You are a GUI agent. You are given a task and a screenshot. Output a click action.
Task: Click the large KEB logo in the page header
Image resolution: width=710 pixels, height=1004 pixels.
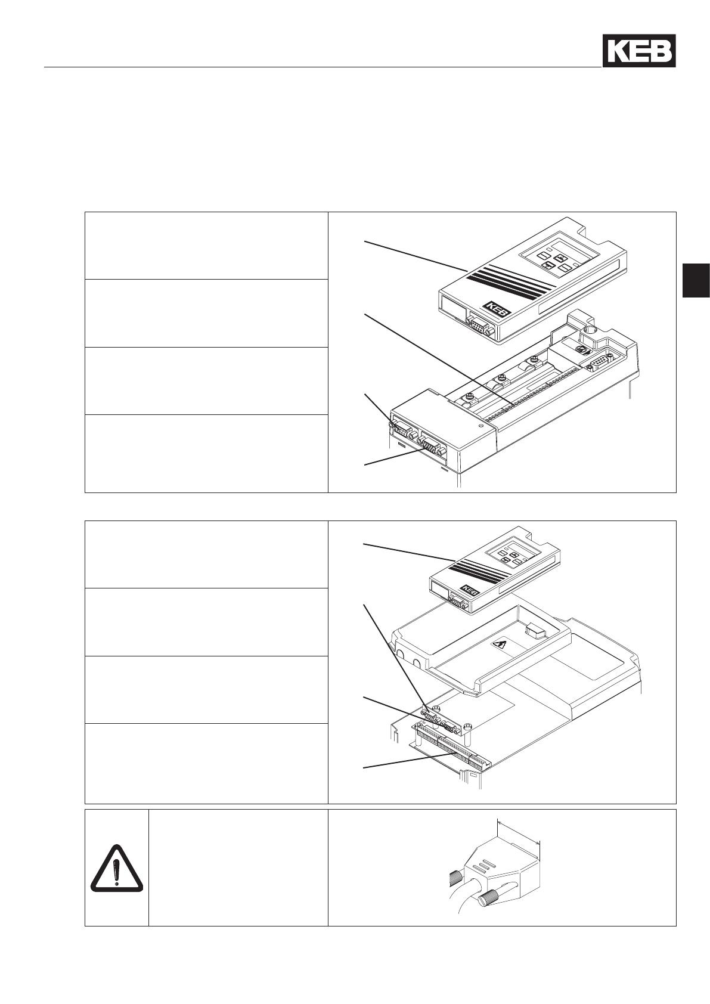click(638, 51)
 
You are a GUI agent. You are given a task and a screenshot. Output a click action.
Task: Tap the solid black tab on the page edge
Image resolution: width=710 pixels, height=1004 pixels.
click(696, 280)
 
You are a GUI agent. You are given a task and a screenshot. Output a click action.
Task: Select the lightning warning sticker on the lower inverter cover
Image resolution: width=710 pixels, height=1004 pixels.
click(498, 646)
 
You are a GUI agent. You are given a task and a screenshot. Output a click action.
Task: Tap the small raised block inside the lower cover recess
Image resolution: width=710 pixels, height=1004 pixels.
click(535, 631)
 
